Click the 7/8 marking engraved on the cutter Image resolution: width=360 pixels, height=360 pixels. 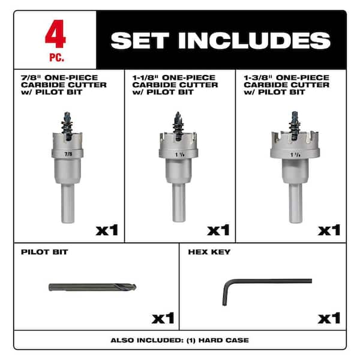pyautogui.click(x=68, y=153)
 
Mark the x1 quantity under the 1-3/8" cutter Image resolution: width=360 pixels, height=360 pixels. pyautogui.click(x=329, y=230)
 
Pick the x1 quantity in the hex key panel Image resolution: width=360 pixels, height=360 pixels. pyautogui.click(x=329, y=317)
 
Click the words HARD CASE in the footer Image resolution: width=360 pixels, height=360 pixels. pyautogui.click(x=226, y=340)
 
